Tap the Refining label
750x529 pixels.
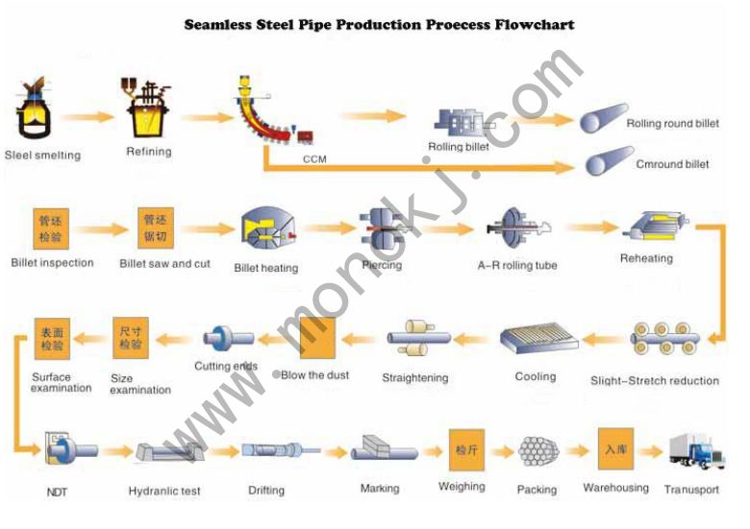pyautogui.click(x=149, y=152)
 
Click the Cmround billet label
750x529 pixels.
pyautogui.click(x=672, y=164)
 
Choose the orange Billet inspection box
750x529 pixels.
pyautogui.click(x=50, y=227)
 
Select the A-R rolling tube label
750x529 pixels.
pyautogui.click(x=517, y=266)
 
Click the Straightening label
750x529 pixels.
pyautogui.click(x=414, y=378)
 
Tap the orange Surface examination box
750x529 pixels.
pyautogui.click(x=51, y=338)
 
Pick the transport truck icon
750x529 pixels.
pyautogui.click(x=695, y=452)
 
